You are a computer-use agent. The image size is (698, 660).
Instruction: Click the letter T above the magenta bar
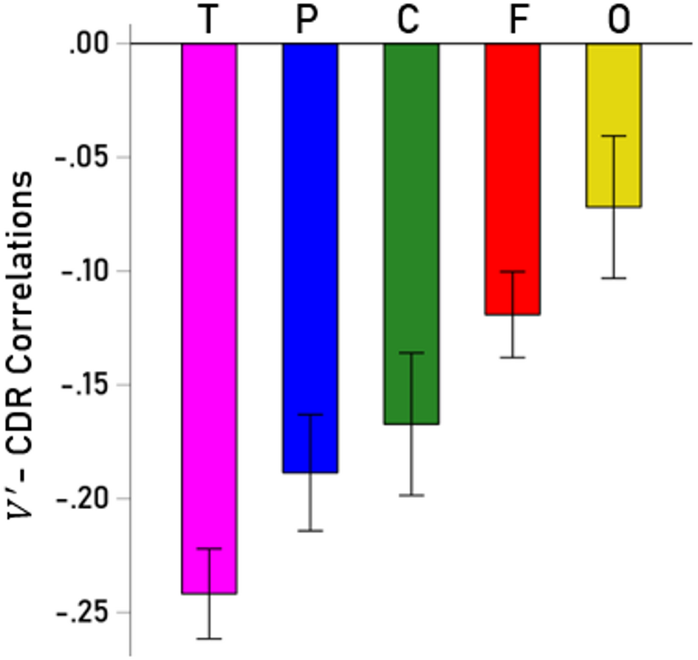(x=209, y=21)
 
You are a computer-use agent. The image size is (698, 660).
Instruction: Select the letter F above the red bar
(x=514, y=21)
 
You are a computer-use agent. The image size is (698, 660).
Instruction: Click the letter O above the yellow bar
(x=618, y=21)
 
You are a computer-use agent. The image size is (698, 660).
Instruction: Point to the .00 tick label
(x=89, y=44)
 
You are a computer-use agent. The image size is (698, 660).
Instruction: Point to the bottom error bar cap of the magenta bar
(x=209, y=639)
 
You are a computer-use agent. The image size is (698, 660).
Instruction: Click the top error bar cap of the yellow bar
(x=614, y=136)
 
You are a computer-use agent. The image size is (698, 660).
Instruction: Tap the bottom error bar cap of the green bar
(x=411, y=495)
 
